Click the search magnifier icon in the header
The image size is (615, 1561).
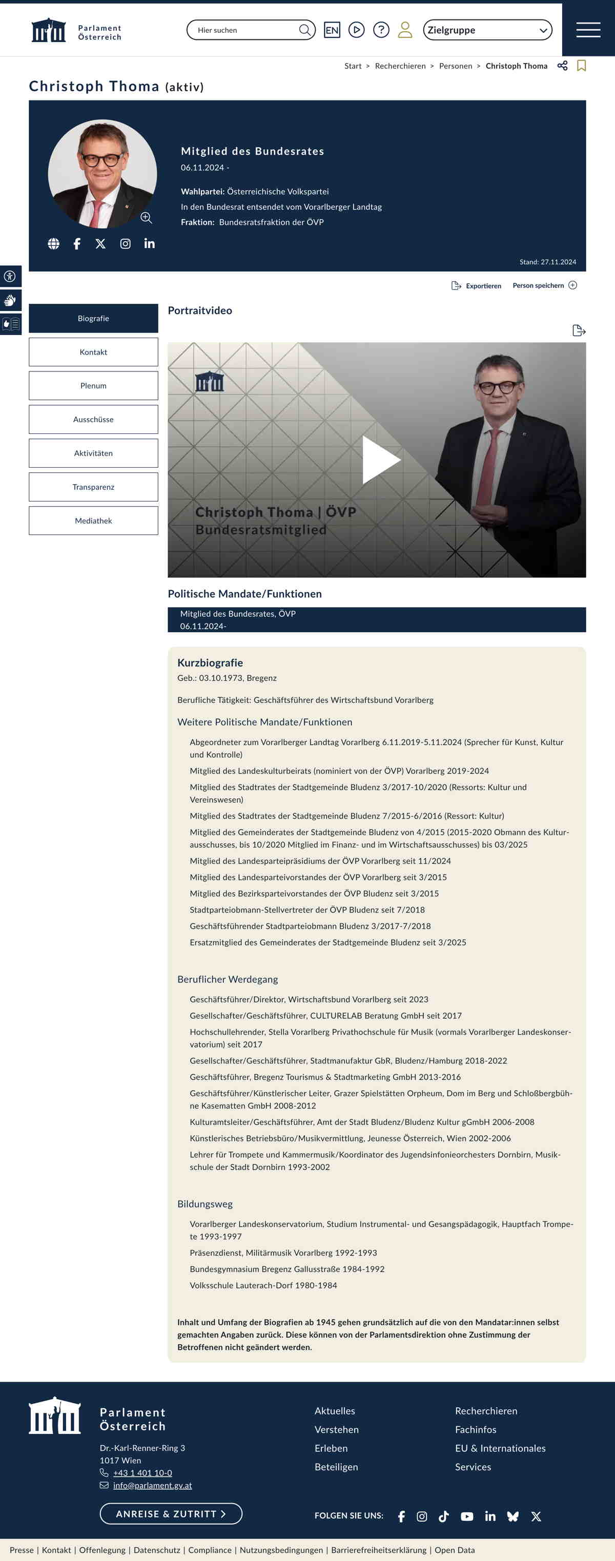click(304, 30)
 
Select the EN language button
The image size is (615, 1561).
click(332, 30)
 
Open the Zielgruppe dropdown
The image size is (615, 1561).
click(487, 30)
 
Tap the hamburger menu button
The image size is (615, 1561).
click(588, 30)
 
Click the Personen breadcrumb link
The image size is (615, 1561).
click(455, 66)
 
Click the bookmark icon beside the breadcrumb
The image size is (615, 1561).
click(581, 66)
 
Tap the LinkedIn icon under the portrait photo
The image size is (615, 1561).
click(150, 244)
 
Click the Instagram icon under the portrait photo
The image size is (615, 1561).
click(126, 244)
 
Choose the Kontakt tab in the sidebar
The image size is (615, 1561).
click(93, 352)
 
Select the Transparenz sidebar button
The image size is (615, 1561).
click(93, 487)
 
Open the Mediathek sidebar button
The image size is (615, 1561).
click(93, 521)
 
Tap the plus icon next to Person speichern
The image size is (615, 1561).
click(572, 285)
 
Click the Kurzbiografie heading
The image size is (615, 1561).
click(210, 663)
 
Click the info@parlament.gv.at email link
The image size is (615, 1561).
click(152, 1485)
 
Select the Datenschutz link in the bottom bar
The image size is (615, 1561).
click(157, 1550)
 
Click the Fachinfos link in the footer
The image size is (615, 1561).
click(476, 1429)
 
